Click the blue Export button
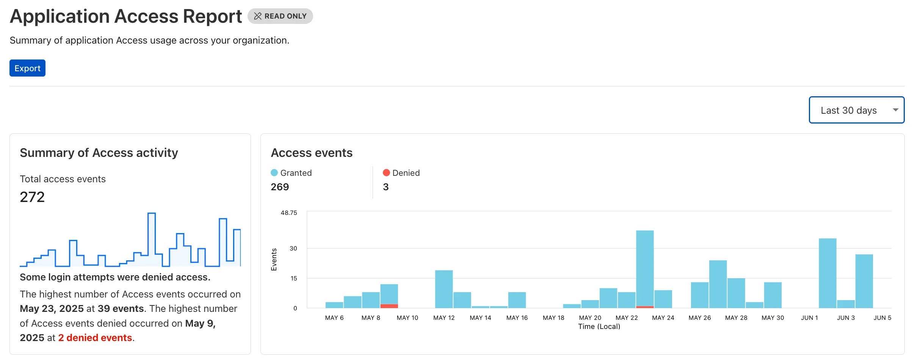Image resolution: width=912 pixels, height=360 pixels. click(x=27, y=68)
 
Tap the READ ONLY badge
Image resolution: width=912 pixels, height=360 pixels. click(x=280, y=16)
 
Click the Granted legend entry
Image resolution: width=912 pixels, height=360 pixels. click(x=291, y=173)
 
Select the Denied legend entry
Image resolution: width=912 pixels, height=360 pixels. click(x=401, y=173)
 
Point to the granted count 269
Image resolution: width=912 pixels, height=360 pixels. click(x=280, y=187)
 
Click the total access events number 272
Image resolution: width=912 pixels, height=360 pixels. click(x=32, y=197)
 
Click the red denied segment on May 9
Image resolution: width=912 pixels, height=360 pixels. click(x=389, y=306)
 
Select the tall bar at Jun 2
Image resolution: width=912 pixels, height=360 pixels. click(x=827, y=273)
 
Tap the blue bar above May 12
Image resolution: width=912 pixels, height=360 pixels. click(x=444, y=289)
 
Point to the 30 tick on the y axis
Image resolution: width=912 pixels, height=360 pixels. click(x=293, y=249)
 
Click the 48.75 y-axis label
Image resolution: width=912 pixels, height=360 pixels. click(x=289, y=213)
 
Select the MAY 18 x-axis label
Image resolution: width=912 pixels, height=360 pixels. click(x=553, y=318)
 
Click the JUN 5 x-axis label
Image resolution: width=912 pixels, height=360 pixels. click(x=882, y=318)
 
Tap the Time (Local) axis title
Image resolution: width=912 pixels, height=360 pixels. click(x=599, y=327)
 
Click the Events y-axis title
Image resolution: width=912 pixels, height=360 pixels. click(x=274, y=260)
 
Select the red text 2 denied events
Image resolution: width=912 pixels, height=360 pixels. click(x=95, y=338)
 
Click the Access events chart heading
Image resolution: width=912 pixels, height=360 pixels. click(x=312, y=153)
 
